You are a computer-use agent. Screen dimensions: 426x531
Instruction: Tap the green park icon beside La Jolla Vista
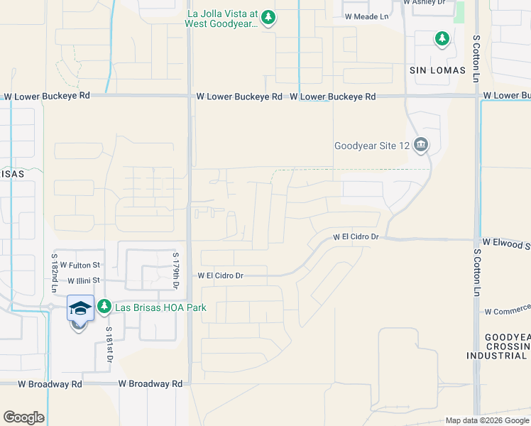(268, 18)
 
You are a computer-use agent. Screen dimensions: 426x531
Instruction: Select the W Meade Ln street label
(367, 16)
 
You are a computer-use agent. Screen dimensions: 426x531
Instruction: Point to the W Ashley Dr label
(425, 3)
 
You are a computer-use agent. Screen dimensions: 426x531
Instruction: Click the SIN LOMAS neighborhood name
(437, 70)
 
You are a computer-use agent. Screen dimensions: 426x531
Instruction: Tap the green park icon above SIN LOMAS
(442, 38)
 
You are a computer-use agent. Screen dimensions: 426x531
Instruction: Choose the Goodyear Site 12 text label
(372, 146)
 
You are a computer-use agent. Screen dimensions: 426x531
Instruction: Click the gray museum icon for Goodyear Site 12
(421, 146)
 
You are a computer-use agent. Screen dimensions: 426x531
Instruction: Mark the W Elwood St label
(506, 242)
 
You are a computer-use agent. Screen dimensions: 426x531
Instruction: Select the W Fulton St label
(81, 264)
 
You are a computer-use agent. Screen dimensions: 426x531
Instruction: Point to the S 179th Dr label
(175, 270)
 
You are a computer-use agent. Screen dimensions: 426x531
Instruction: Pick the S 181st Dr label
(109, 345)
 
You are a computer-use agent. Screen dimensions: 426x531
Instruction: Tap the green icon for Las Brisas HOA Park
(104, 307)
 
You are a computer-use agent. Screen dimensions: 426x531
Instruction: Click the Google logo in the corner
(23, 417)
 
